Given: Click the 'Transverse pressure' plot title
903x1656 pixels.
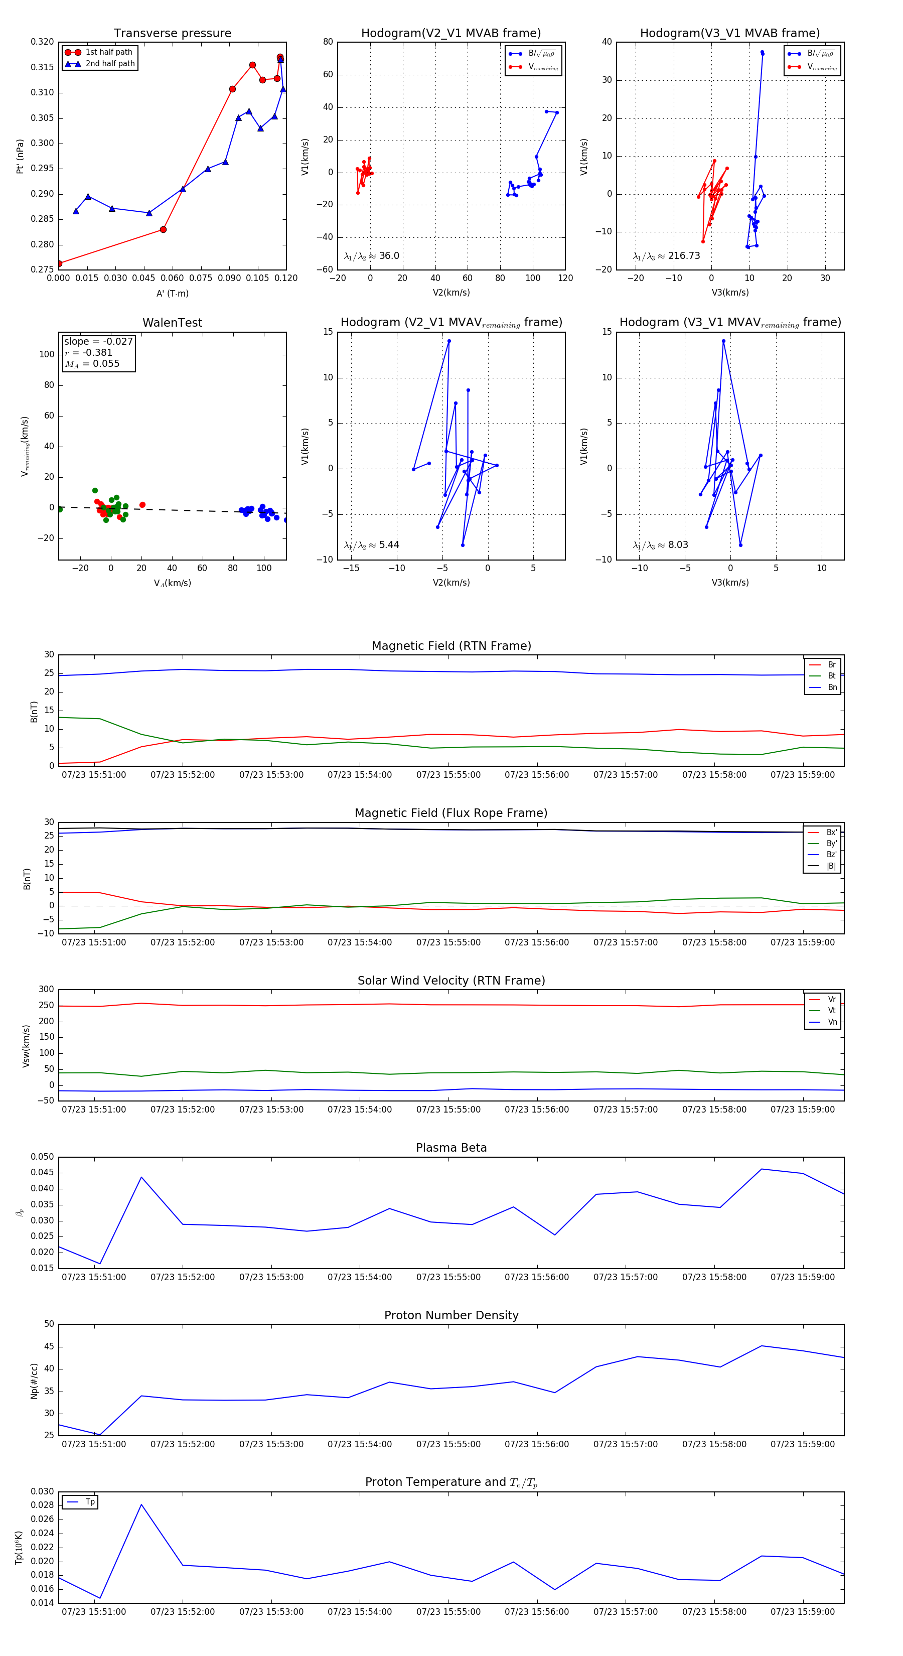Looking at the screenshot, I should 172,34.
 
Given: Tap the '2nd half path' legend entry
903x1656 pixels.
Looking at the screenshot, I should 110,64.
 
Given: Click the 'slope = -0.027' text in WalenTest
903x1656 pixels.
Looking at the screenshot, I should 98,341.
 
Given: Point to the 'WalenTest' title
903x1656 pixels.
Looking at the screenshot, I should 172,323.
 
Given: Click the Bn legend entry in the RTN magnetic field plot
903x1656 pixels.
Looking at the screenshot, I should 832,687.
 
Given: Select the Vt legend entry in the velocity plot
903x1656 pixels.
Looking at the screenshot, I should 832,1011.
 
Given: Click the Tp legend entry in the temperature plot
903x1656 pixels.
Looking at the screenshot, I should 90,1502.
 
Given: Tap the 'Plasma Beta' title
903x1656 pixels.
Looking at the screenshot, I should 451,1148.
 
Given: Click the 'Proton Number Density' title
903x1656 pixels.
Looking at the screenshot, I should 451,1315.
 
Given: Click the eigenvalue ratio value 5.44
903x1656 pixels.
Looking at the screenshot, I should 389,545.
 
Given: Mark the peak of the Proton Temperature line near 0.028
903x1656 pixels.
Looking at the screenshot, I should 141,1504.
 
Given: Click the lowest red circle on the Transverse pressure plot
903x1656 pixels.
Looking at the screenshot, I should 59,263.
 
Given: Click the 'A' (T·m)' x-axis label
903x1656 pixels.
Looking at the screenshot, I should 172,293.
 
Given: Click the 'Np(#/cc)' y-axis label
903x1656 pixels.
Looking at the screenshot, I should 34,1381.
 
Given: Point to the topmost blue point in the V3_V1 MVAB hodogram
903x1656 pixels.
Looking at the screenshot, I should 762,52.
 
